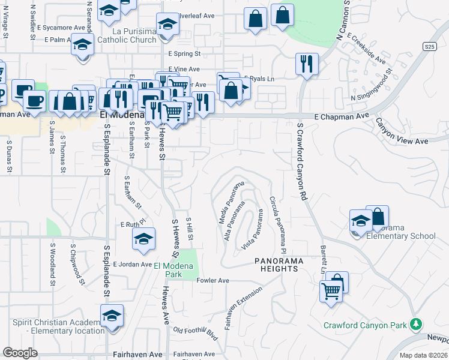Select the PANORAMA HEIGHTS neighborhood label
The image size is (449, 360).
click(276, 265)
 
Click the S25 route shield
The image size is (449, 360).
click(429, 46)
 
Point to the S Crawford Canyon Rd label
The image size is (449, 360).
click(301, 162)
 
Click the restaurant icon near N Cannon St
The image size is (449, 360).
click(307, 64)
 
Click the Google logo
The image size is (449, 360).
click(20, 352)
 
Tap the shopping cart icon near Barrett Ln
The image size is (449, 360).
click(331, 292)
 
